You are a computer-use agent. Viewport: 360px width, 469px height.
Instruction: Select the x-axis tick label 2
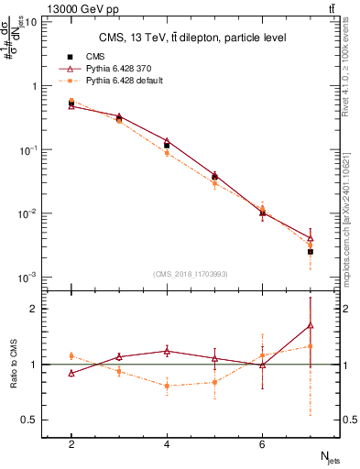[71, 444]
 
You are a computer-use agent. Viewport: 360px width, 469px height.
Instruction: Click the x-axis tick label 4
[167, 444]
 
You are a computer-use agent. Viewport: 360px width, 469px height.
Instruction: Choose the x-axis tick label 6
[262, 444]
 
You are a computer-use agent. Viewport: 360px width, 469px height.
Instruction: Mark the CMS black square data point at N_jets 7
[311, 251]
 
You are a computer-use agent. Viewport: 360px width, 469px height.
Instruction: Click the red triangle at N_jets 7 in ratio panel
[311, 325]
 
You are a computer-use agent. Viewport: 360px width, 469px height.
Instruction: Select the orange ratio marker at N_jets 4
[167, 386]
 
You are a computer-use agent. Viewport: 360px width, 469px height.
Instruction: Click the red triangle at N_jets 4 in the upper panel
[167, 141]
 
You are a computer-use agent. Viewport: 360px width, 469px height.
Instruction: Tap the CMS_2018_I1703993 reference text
[191, 274]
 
